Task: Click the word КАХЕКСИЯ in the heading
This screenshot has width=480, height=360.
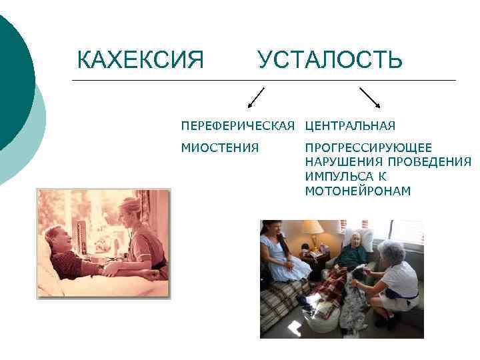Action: (140, 60)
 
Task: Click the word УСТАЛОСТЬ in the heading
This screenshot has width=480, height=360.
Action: (330, 60)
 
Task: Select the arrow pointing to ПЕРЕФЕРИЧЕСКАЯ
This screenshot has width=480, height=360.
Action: (255, 97)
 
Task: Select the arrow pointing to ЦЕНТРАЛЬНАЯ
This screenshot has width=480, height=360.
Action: (370, 97)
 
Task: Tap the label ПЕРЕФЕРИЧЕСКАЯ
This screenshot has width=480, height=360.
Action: (238, 126)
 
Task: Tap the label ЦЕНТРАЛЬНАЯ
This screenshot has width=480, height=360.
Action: (350, 126)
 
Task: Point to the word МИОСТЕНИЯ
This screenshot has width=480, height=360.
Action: (220, 147)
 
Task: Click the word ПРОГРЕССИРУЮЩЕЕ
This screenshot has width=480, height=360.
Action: (368, 147)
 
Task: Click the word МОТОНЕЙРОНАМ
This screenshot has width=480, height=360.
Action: (358, 191)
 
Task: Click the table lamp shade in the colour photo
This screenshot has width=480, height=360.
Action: (312, 227)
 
